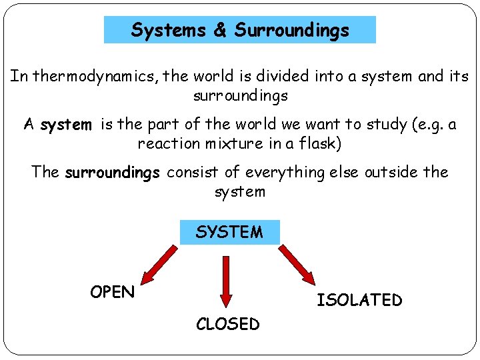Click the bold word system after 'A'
click(x=65, y=125)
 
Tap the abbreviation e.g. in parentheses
click(x=419, y=125)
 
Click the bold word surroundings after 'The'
click(x=112, y=173)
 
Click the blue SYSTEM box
click(x=229, y=232)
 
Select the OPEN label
click(x=113, y=292)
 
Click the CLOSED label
click(x=227, y=324)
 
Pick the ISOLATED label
click(x=359, y=300)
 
